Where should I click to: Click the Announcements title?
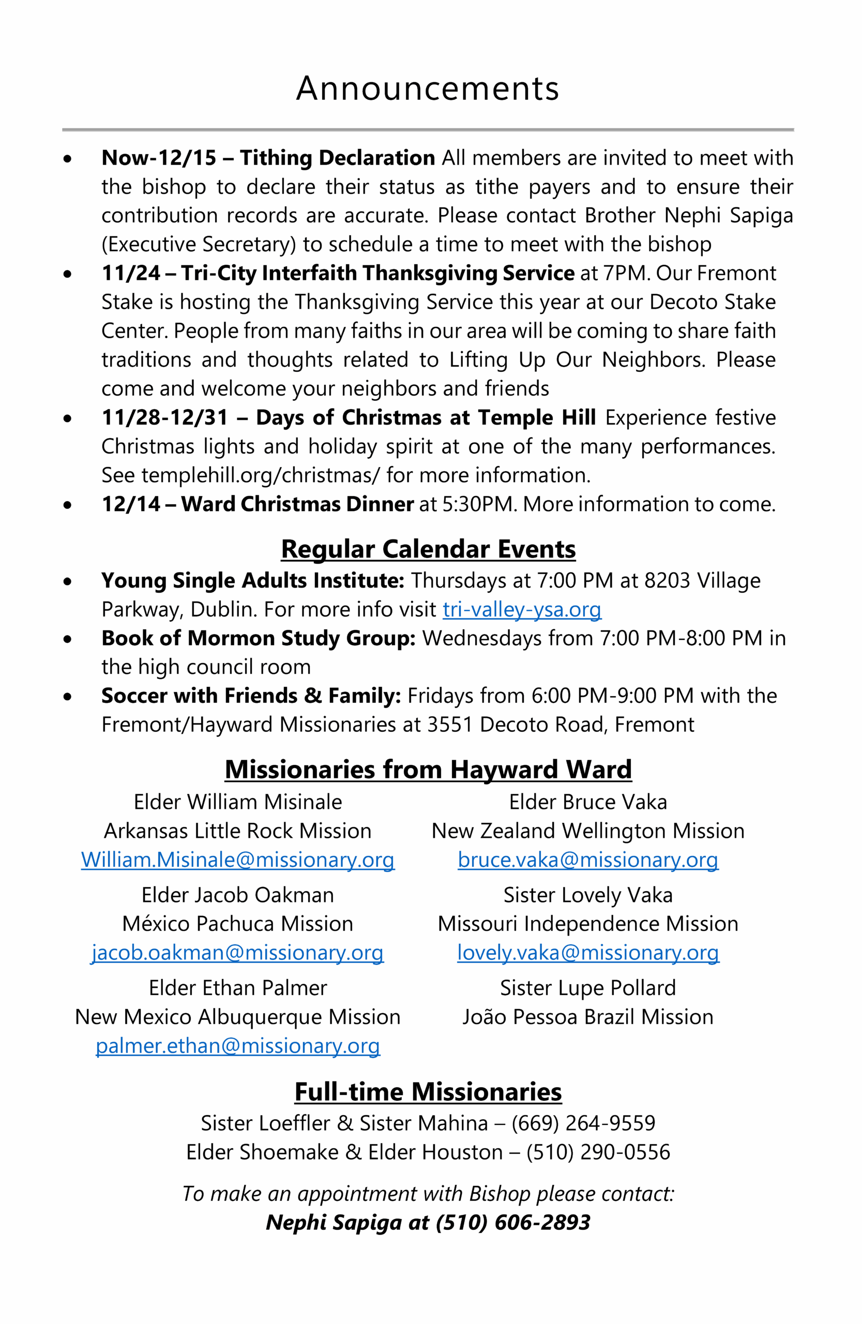[x=427, y=88]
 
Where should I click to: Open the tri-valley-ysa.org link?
[x=522, y=609]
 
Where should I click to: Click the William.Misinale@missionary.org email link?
[x=237, y=860]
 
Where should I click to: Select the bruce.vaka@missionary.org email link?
[x=588, y=860]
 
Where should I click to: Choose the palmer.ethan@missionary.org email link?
[x=237, y=1045]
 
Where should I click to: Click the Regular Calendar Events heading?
[x=428, y=549]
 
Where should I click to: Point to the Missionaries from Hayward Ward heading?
[x=428, y=770]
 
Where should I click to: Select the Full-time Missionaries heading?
[x=428, y=1091]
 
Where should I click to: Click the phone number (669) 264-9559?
[x=583, y=1123]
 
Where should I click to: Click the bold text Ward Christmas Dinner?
[x=297, y=504]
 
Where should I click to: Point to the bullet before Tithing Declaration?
[x=68, y=159]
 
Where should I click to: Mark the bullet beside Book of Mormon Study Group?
[x=68, y=640]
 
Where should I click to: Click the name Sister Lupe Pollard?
[x=588, y=988]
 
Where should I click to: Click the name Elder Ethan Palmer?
[x=237, y=988]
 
